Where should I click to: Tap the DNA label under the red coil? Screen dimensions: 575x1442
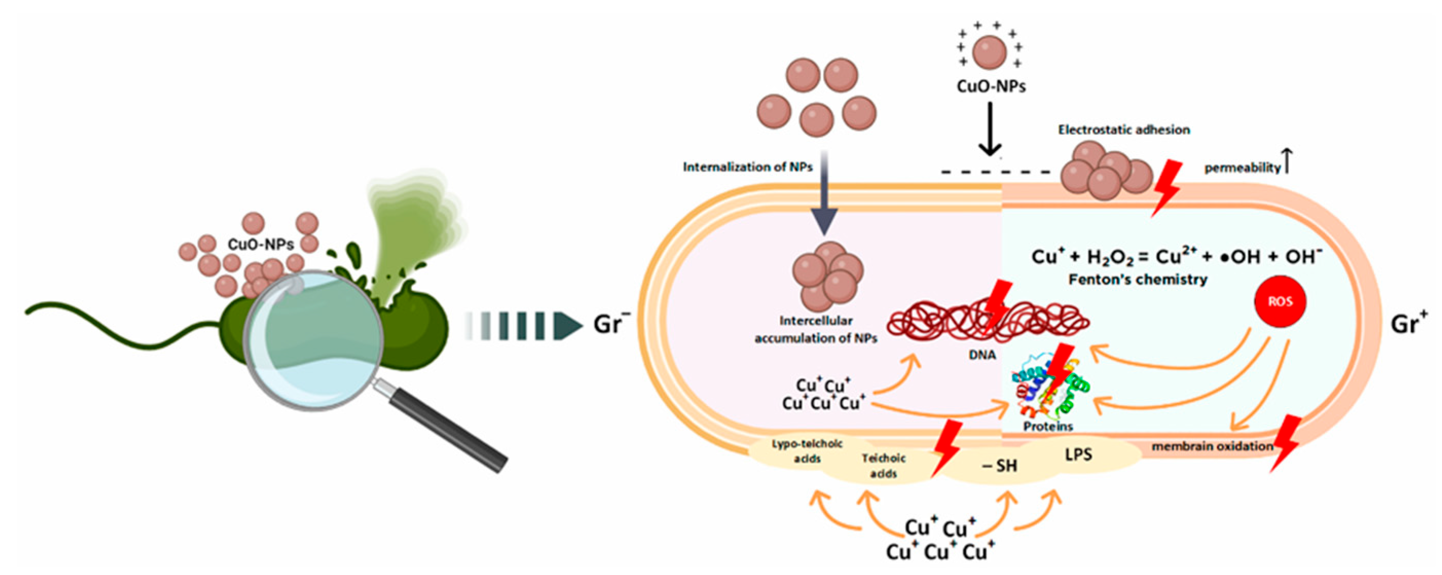(x=982, y=355)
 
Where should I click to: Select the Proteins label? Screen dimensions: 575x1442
(x=1048, y=426)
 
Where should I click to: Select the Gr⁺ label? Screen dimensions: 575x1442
(x=1409, y=324)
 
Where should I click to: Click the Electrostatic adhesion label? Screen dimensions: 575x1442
(x=1123, y=130)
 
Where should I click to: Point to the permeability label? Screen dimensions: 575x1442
(x=1242, y=168)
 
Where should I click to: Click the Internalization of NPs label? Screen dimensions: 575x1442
(x=747, y=167)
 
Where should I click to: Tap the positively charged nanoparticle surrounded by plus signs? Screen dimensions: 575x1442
(x=990, y=52)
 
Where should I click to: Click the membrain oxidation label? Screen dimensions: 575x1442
(x=1212, y=446)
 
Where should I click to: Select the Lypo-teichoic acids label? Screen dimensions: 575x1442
(x=807, y=451)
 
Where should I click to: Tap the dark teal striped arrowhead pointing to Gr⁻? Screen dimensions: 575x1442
(x=566, y=326)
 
